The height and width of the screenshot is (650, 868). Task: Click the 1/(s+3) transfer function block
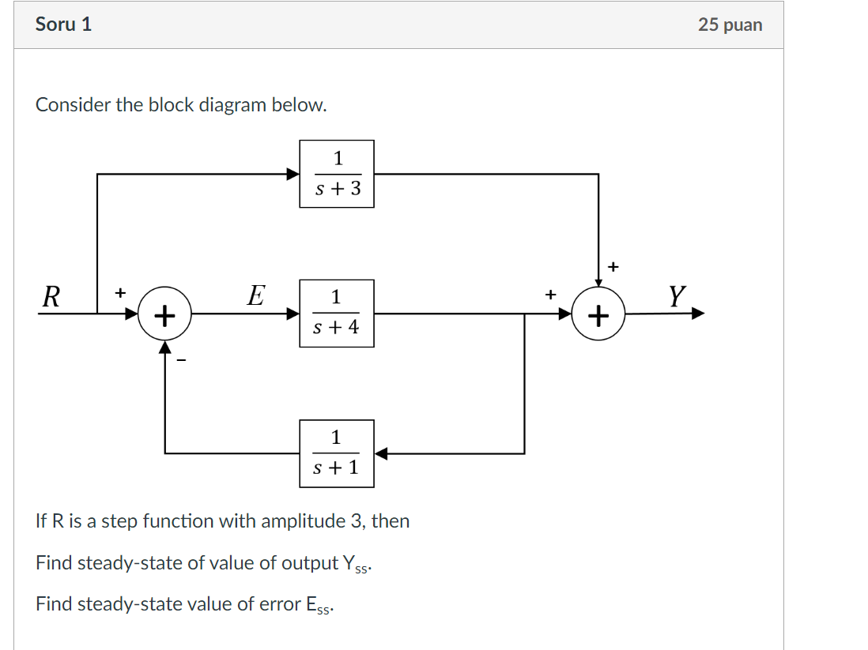[336, 174]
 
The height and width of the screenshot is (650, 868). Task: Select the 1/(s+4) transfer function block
[336, 313]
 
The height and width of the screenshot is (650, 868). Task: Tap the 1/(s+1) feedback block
[336, 453]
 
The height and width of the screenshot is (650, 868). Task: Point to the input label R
[51, 298]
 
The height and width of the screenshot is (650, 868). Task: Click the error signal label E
[255, 296]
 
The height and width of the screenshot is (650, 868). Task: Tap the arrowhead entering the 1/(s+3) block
[292, 174]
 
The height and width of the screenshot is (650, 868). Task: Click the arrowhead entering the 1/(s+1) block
[381, 453]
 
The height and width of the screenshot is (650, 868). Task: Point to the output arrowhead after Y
[697, 314]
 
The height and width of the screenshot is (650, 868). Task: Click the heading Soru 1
[63, 24]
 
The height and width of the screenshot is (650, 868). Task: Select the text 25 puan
[730, 24]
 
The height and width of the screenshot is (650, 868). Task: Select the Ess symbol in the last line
[319, 605]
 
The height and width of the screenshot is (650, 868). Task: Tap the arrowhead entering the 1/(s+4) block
[292, 314]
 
